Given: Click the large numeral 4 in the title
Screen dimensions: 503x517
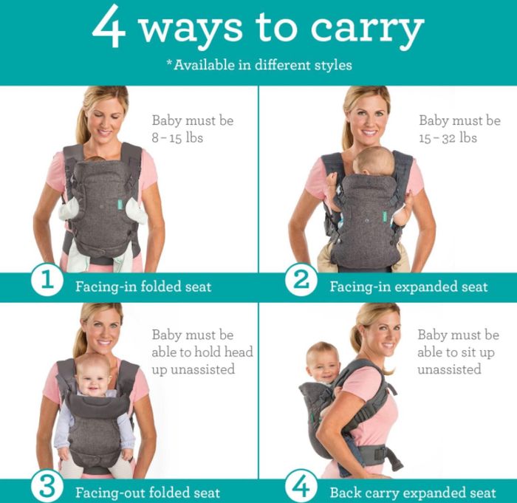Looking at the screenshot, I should [x=109, y=28].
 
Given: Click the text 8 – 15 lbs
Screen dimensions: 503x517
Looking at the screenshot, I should [x=177, y=138].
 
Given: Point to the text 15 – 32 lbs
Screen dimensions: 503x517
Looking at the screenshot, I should [x=448, y=138].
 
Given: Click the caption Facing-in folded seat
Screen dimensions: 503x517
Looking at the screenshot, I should [x=143, y=287].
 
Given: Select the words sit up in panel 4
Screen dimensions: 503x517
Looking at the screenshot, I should [x=477, y=352].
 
